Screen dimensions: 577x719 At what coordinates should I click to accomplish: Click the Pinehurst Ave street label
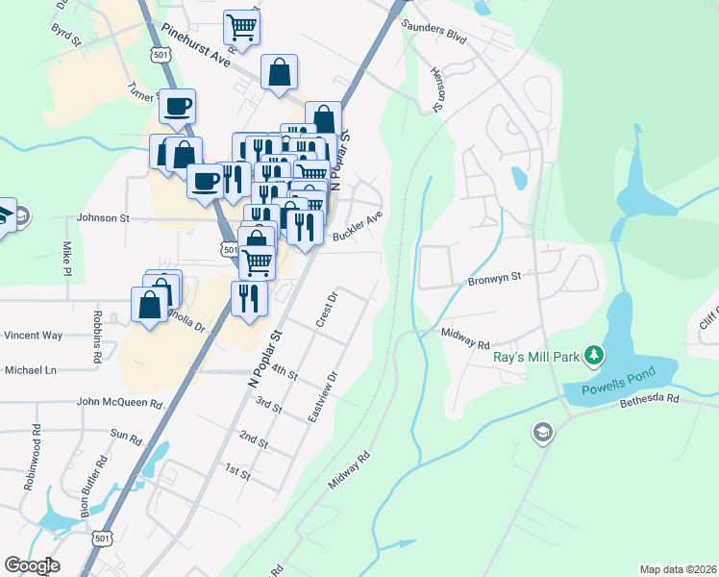(197, 45)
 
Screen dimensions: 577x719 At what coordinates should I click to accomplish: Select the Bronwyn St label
(493, 277)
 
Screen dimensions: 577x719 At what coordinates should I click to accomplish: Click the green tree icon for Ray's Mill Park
(595, 357)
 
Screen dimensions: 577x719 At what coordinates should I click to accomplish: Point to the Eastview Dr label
(321, 397)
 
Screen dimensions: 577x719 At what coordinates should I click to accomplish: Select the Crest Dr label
(328, 309)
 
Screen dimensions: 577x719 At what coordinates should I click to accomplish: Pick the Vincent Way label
(33, 336)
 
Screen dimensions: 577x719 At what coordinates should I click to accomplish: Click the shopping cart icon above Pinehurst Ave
(241, 26)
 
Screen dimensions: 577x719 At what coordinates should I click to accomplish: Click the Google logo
(31, 565)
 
